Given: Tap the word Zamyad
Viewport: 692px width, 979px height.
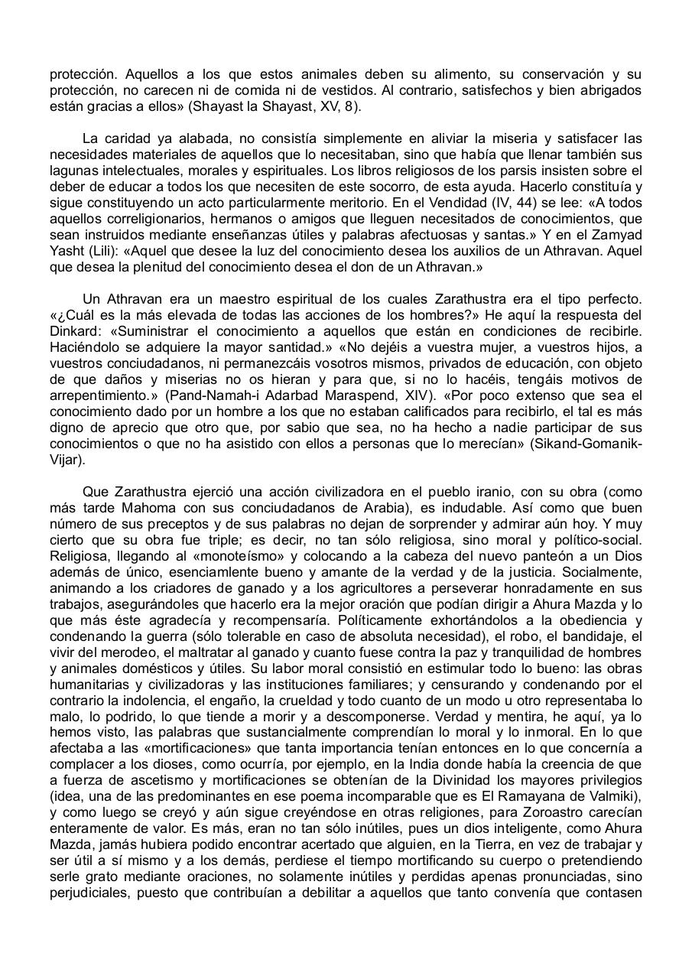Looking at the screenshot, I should click(x=617, y=235).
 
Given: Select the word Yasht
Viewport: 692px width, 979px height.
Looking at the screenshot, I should click(x=66, y=251).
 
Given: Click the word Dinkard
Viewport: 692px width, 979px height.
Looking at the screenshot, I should click(x=75, y=330).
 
